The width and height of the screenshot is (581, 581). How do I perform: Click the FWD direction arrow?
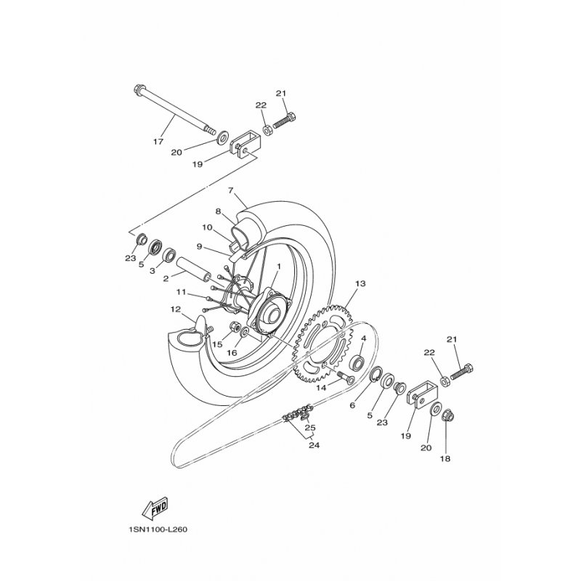click(155, 509)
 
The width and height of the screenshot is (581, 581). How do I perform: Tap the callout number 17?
click(158, 142)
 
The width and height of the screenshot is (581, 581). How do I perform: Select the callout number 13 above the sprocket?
click(360, 283)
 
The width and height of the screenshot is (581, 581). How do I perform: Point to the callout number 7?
click(231, 190)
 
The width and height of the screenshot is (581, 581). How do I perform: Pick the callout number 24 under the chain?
click(314, 445)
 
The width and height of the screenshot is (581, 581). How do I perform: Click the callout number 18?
click(445, 459)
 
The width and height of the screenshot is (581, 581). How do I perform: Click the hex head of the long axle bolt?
click(137, 89)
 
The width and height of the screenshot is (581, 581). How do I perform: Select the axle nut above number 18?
click(448, 417)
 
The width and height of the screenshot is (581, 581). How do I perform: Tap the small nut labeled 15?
click(235, 328)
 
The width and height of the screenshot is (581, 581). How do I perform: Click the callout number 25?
click(310, 428)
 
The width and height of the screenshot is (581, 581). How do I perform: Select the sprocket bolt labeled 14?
click(345, 378)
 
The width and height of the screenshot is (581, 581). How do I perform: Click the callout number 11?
click(181, 293)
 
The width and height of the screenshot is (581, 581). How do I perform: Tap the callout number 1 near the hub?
click(278, 266)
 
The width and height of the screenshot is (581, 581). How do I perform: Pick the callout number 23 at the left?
click(131, 259)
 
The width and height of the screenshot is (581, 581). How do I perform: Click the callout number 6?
click(352, 405)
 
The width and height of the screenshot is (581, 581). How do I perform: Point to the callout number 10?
click(207, 227)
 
